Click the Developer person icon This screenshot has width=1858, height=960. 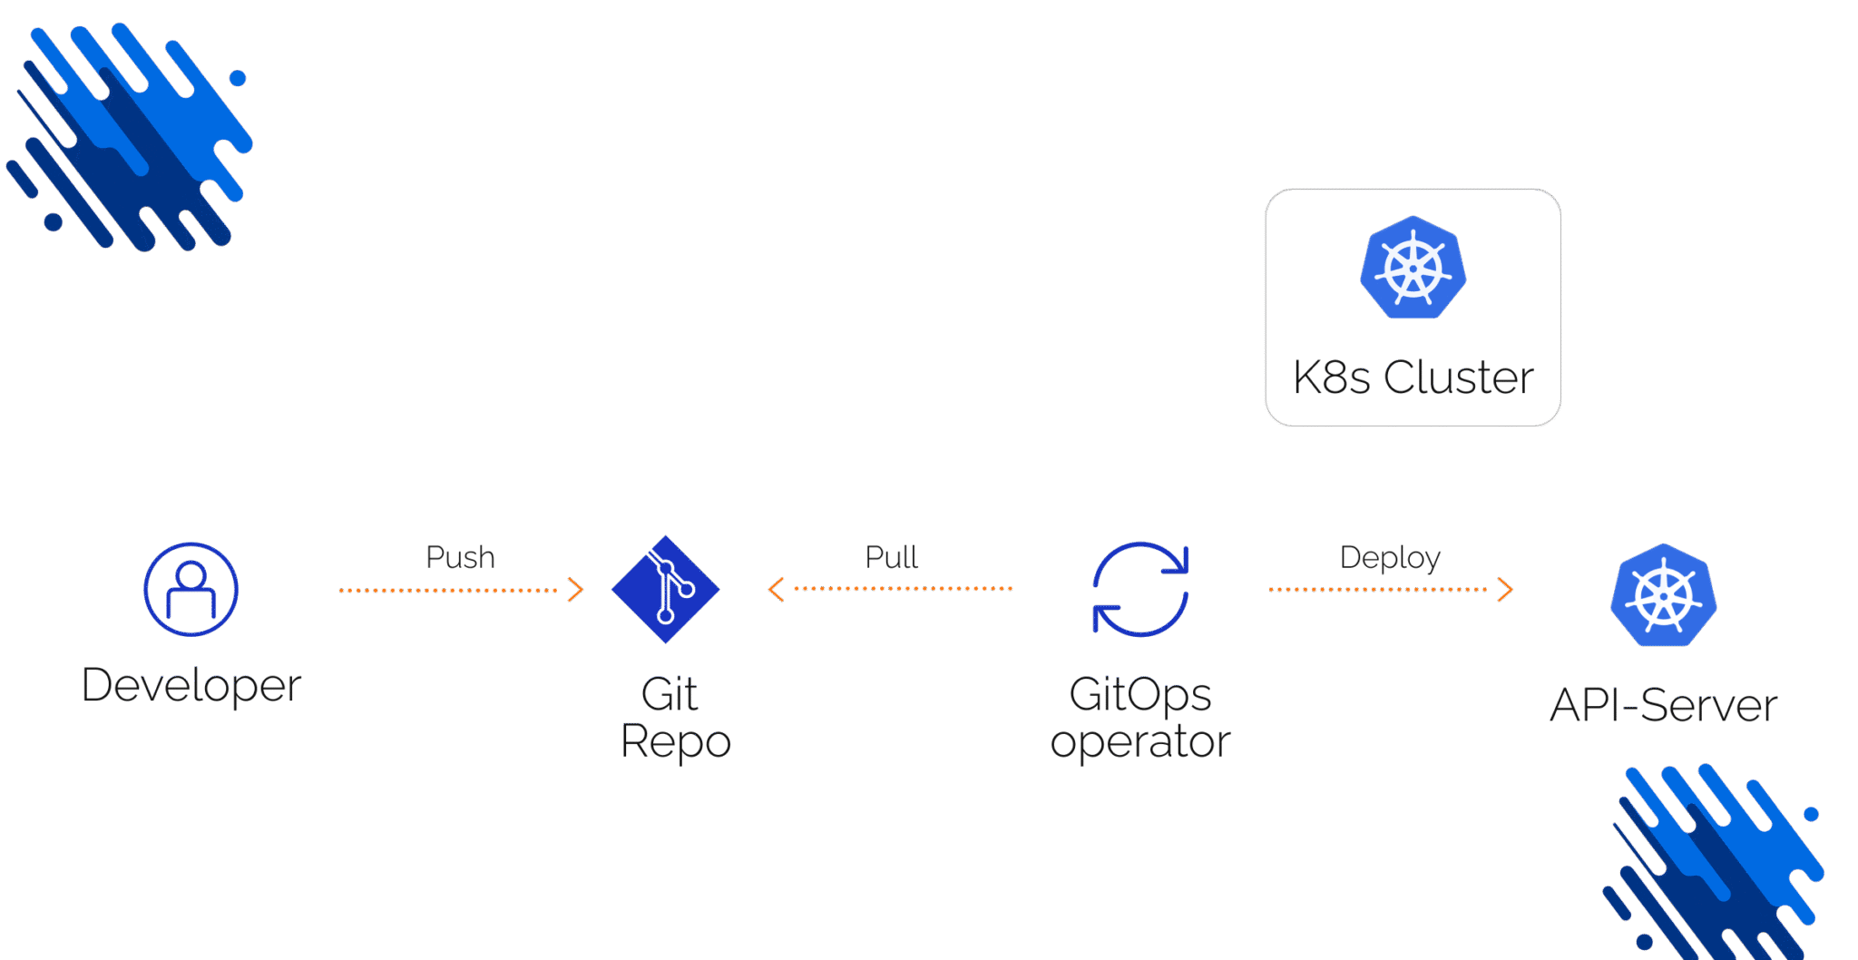(191, 590)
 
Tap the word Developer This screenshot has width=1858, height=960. (191, 685)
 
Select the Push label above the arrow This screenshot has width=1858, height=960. (460, 557)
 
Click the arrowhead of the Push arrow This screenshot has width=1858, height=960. (576, 590)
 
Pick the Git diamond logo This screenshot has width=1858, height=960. (666, 590)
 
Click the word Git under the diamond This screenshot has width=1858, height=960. (670, 695)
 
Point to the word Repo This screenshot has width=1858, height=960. (676, 742)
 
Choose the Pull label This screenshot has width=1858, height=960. (891, 557)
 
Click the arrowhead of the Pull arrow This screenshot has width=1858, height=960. (776, 590)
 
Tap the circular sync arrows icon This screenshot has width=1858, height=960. (1140, 590)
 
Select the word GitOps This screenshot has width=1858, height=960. (1140, 695)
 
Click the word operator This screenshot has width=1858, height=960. (1140, 742)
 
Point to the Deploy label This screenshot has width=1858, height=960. (1390, 557)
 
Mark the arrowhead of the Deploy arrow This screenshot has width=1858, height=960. (1506, 590)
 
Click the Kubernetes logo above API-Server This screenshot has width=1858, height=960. (1664, 595)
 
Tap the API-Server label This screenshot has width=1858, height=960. (1664, 706)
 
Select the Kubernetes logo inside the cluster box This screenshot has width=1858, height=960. (1413, 268)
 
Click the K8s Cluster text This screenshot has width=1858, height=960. (1413, 377)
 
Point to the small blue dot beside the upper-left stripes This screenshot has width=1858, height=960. (238, 78)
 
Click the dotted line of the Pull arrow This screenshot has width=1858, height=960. (903, 589)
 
